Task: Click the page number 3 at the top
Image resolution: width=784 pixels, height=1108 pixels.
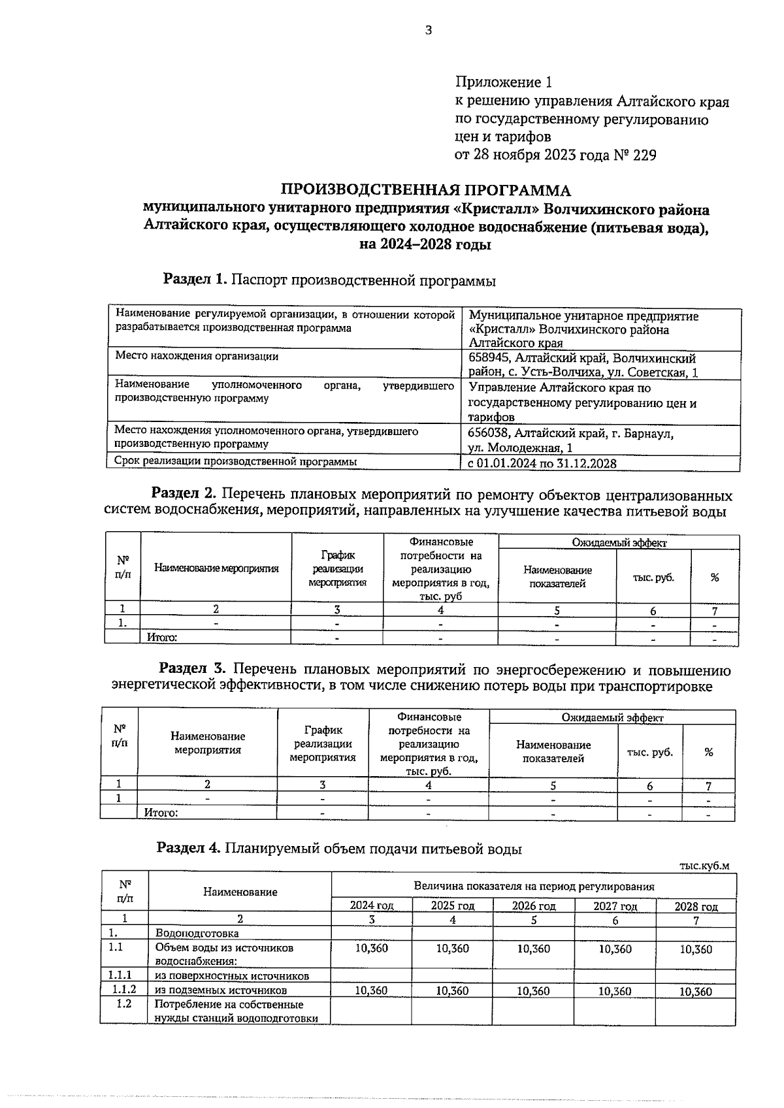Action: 429,30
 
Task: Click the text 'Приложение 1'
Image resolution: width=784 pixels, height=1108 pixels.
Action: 503,83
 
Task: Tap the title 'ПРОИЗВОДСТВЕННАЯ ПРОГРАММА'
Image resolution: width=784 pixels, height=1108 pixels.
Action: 425,191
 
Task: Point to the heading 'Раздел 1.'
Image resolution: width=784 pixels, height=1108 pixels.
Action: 195,280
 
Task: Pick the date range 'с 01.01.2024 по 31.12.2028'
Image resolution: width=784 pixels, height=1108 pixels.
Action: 542,463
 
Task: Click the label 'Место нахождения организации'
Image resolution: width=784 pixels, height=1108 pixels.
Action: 197,357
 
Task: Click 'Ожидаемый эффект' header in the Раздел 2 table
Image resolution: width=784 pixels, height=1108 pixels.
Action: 619,542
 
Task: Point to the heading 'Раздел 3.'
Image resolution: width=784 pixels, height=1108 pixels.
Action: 193,669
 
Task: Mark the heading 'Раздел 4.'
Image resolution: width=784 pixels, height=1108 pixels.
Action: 189,849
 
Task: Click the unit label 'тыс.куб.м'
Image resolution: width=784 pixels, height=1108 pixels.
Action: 704,866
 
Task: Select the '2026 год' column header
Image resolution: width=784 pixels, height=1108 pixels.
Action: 533,905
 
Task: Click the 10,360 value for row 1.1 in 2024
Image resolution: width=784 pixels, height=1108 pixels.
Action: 371,949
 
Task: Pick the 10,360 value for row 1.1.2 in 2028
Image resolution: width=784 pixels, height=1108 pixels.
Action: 696,991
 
